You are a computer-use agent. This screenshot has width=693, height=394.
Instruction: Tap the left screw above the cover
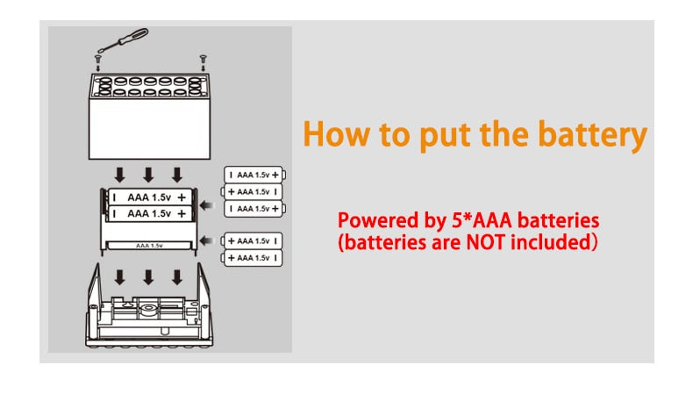tap(99, 59)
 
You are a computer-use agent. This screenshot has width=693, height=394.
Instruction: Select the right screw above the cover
tap(204, 59)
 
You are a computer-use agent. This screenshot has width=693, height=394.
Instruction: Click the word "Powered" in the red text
tap(372, 219)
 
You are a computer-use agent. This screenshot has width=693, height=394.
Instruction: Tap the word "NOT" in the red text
tap(497, 241)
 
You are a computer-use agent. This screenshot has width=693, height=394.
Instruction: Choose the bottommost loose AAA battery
tap(253, 258)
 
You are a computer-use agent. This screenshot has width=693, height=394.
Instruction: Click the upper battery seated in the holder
tap(148, 197)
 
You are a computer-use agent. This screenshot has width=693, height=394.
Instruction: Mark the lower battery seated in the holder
tap(148, 212)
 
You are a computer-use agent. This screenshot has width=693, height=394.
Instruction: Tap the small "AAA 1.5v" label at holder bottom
tap(148, 247)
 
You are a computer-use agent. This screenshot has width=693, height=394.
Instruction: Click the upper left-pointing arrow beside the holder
tap(207, 206)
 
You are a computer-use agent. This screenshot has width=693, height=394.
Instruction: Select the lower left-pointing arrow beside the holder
tap(207, 240)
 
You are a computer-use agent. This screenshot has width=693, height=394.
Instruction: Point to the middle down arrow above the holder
tap(148, 173)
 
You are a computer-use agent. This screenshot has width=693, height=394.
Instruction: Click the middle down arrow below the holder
tap(148, 277)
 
